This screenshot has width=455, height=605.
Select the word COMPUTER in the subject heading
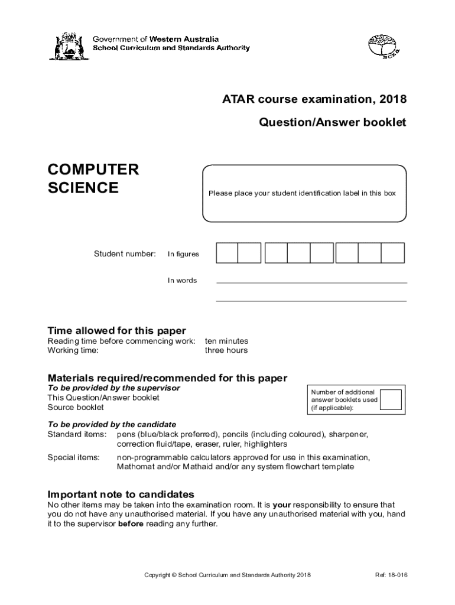pyautogui.click(x=93, y=170)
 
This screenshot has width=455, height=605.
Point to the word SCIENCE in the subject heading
pyautogui.click(x=83, y=188)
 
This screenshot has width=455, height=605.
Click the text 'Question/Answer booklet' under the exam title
pyautogui.click(x=333, y=123)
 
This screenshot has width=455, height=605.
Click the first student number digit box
pyautogui.click(x=227, y=253)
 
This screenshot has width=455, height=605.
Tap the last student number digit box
pyautogui.click(x=392, y=253)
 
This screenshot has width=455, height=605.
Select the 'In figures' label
pyautogui.click(x=183, y=254)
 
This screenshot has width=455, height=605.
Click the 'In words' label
pyautogui.click(x=182, y=281)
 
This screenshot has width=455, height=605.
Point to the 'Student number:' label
pyautogui.click(x=125, y=254)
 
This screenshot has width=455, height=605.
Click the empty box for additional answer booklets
pyautogui.click(x=391, y=399)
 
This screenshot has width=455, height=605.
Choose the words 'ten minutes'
pyautogui.click(x=226, y=341)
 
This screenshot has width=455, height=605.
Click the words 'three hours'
pyautogui.click(x=226, y=350)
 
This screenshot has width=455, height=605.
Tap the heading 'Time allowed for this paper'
pyautogui.click(x=116, y=330)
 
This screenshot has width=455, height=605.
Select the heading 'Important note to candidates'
pyautogui.click(x=121, y=494)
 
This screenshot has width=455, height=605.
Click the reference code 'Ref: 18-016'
pyautogui.click(x=391, y=575)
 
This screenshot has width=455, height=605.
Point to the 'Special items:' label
pyautogui.click(x=73, y=457)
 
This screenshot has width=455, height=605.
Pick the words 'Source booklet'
pyautogui.click(x=76, y=407)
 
